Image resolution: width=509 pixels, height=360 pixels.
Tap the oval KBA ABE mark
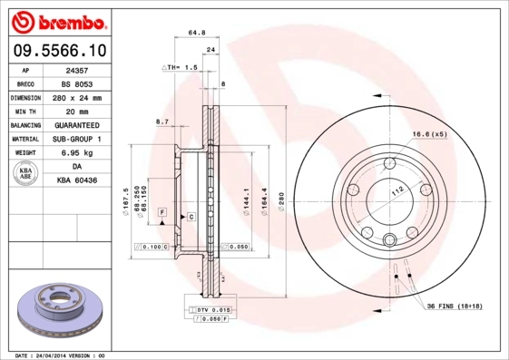coord(26,174)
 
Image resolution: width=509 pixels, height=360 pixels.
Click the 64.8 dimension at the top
coord(194,33)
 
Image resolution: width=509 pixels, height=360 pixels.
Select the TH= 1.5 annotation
coord(182,67)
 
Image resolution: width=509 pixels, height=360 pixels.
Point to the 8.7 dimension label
coord(162,121)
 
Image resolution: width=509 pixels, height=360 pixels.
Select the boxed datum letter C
coord(191,217)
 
